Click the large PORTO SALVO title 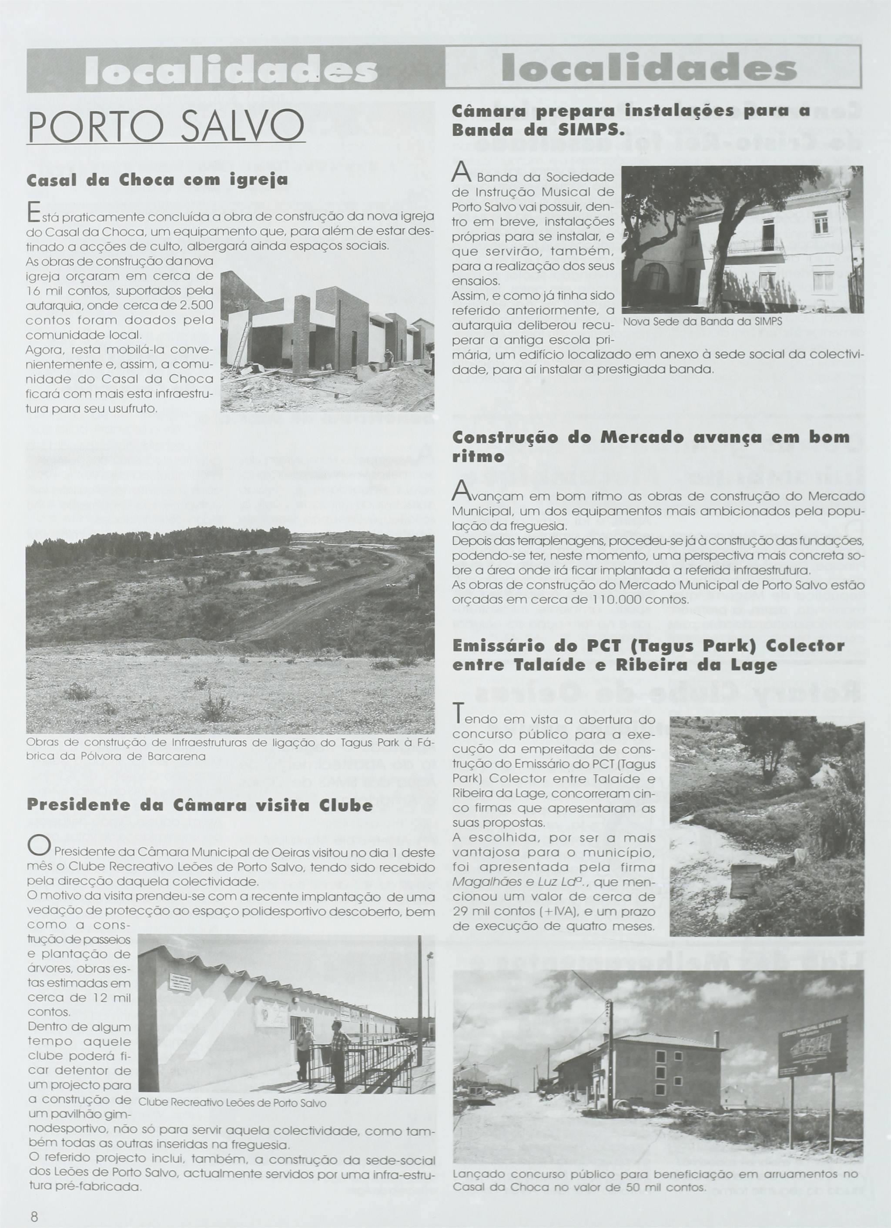pyautogui.click(x=166, y=126)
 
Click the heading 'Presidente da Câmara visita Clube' pyautogui.click(x=200, y=805)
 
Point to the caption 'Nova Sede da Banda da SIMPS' pyautogui.click(x=703, y=322)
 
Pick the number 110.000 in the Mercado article pyautogui.click(x=610, y=601)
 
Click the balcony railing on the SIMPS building pyautogui.click(x=755, y=246)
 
